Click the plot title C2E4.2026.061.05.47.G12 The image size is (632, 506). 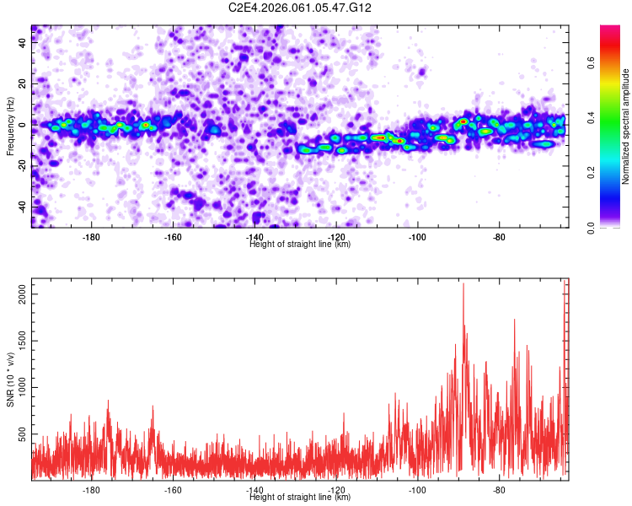coord(301,8)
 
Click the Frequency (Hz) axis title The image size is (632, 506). coord(10,126)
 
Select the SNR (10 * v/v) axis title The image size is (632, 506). coord(10,379)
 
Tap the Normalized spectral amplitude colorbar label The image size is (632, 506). coord(626,126)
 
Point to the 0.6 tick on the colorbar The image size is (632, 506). coord(591,62)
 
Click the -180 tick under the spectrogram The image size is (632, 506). coord(92,236)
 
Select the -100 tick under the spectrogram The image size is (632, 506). coord(417,236)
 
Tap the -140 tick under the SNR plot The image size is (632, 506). coord(254,489)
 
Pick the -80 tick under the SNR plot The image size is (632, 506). coord(499,489)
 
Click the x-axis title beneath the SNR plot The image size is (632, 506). coord(301,498)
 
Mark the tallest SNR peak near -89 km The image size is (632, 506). coord(463,284)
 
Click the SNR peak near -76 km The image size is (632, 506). coord(513,320)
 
